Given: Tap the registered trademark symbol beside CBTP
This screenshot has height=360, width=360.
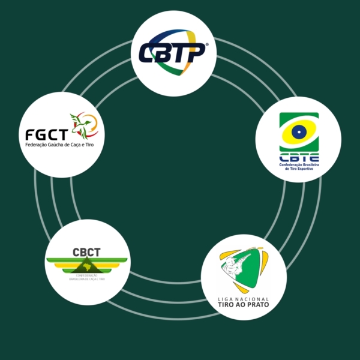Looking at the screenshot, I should (207, 44).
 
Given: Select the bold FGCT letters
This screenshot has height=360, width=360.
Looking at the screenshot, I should (46, 133).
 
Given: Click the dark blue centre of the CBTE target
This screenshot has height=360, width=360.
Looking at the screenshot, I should (299, 131).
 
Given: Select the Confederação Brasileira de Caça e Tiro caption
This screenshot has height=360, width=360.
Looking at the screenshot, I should (87, 279).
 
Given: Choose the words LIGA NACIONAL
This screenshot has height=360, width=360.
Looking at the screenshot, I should (243, 298).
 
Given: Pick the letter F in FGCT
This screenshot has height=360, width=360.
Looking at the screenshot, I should (30, 133).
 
